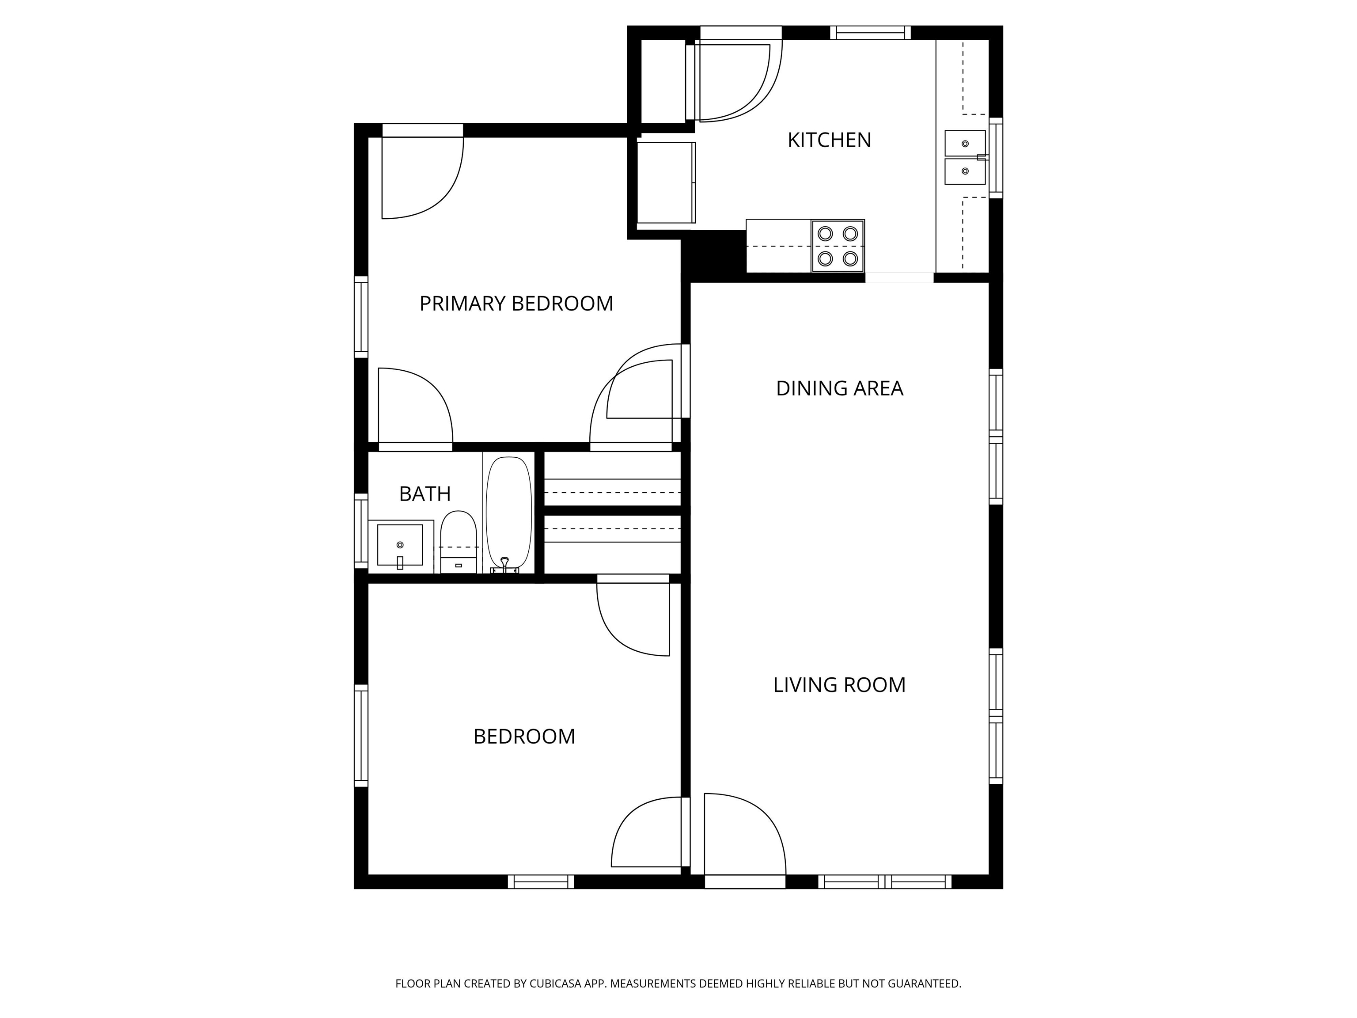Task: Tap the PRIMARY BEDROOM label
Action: coord(516,304)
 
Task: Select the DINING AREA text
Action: coord(839,388)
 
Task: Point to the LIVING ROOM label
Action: coord(839,685)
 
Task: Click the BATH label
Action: coord(425,494)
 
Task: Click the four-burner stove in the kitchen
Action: coord(838,246)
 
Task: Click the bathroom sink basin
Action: coord(400,545)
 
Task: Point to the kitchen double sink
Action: coord(965,157)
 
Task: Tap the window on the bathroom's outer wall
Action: coord(361,531)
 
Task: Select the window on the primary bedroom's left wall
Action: coord(361,317)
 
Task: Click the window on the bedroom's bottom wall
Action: coord(541,882)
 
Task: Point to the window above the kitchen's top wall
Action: coord(871,33)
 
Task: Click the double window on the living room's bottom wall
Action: coord(885,882)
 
